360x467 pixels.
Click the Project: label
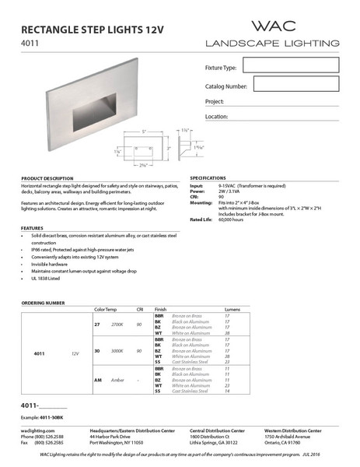(x=215, y=102)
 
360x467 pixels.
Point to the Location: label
(x=217, y=117)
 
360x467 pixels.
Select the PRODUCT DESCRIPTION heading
(x=47, y=178)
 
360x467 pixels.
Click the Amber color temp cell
(x=119, y=380)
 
